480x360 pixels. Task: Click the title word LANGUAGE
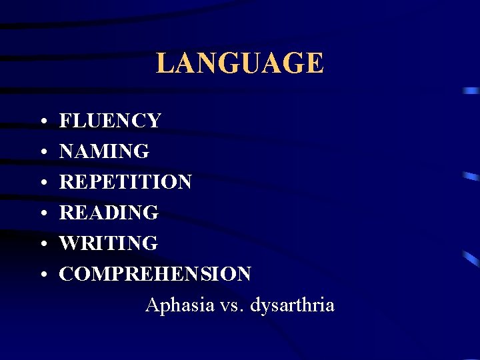point(239,63)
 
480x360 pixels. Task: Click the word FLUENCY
point(110,121)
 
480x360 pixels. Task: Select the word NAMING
point(104,151)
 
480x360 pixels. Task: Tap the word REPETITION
point(125,181)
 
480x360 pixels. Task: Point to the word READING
point(109,212)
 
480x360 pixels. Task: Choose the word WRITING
point(109,243)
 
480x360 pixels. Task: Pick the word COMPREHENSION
point(155,273)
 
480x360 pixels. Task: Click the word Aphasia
point(177,305)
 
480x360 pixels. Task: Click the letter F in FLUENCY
point(65,121)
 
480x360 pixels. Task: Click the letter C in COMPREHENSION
point(67,273)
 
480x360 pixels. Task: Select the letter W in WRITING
point(69,243)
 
